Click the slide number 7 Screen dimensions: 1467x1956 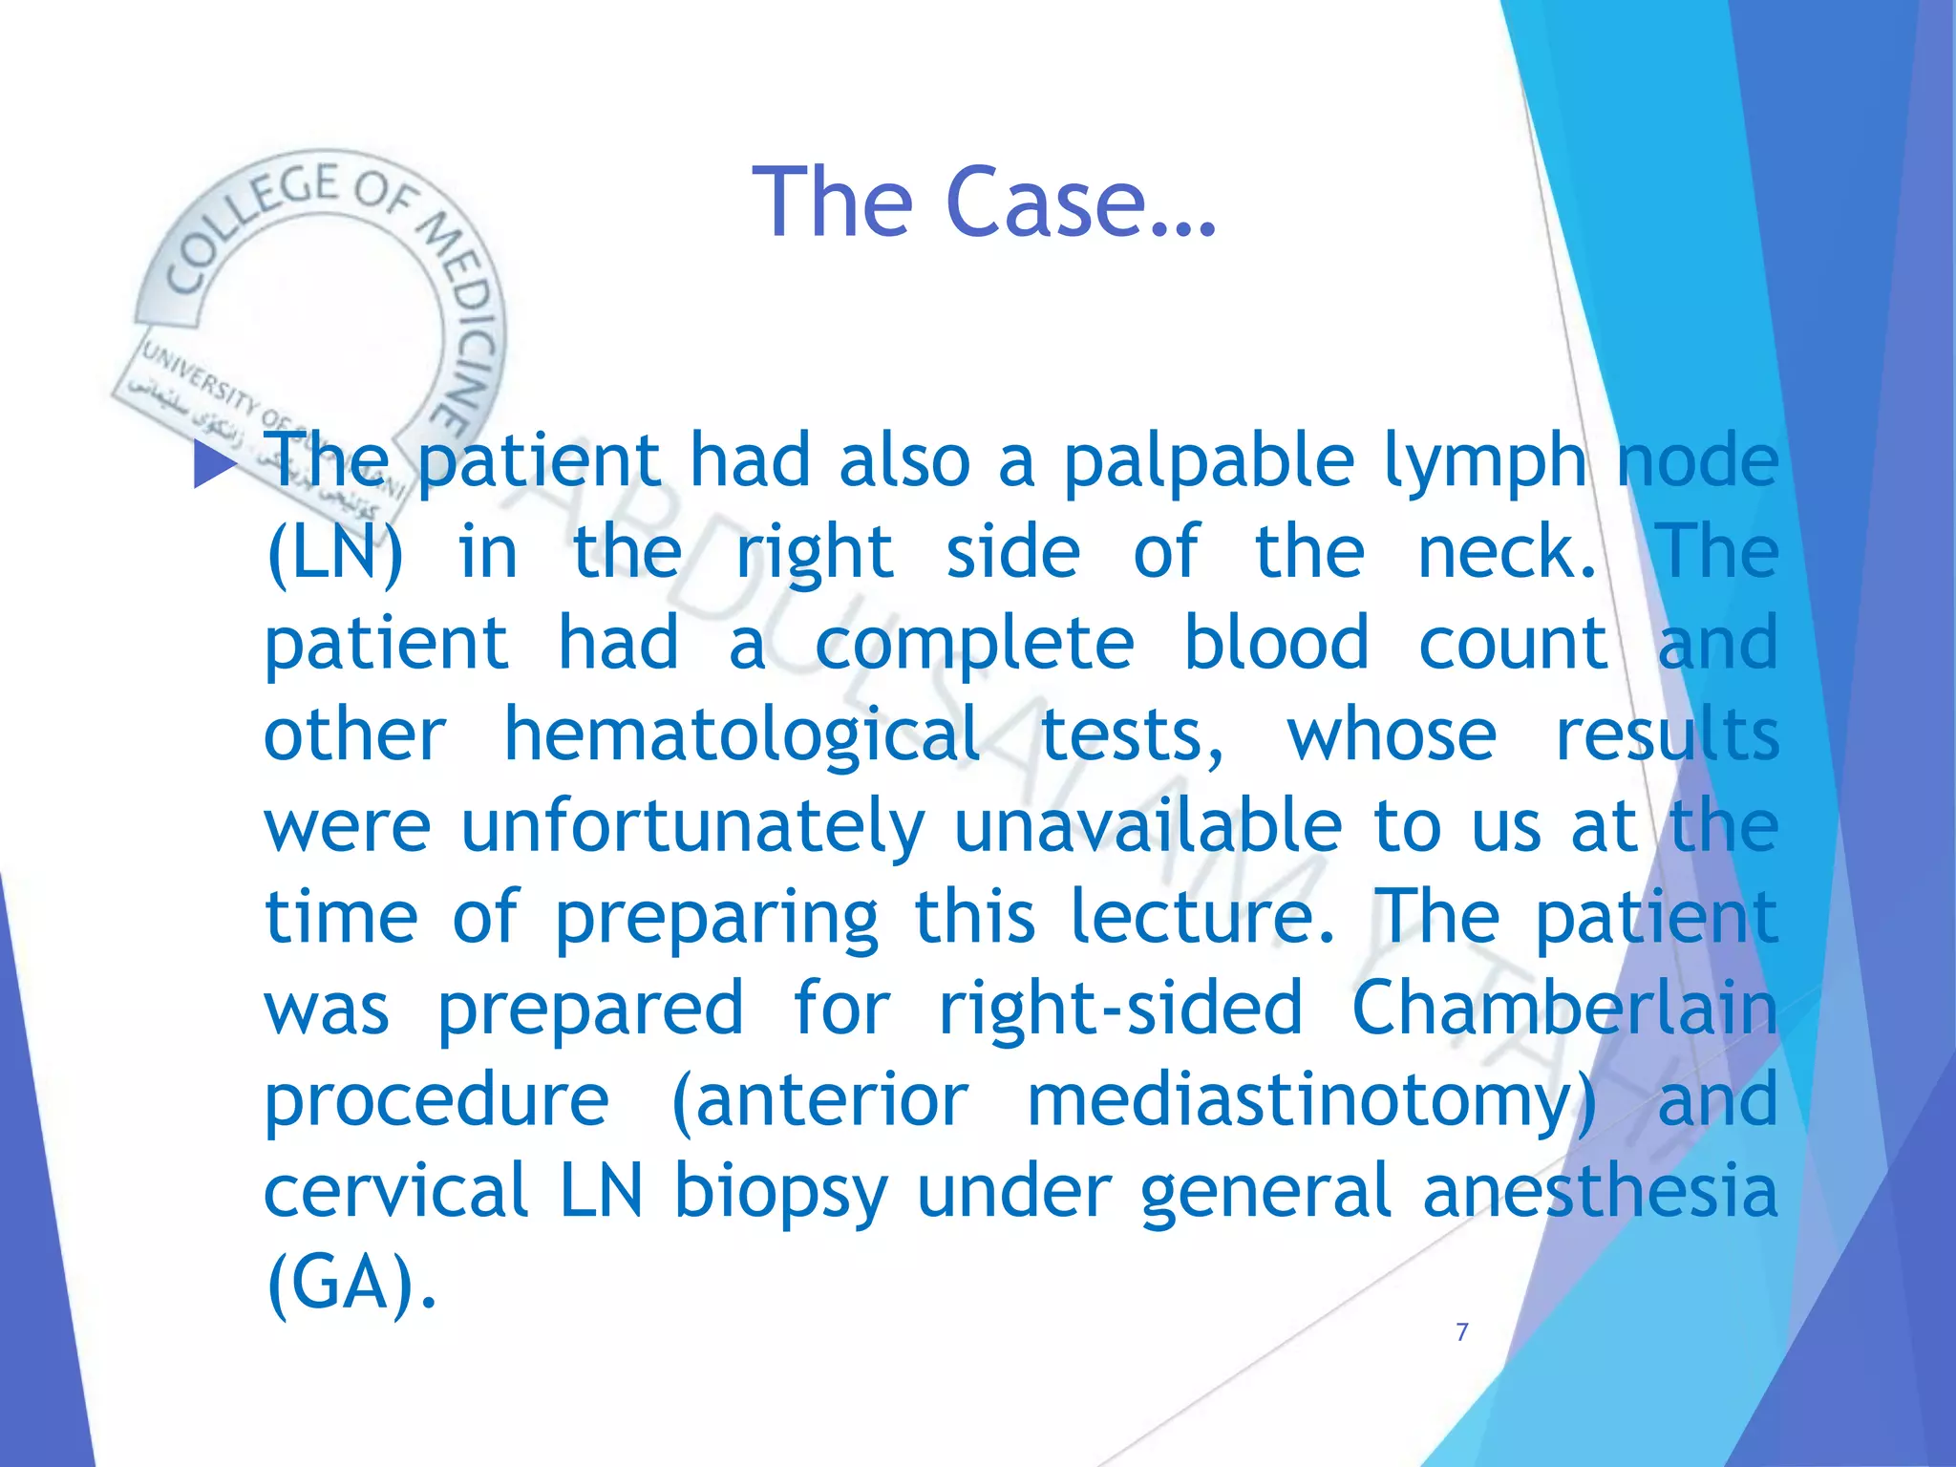tap(1461, 1332)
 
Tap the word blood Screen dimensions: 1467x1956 tap(1276, 642)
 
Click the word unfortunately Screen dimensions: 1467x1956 tap(693, 827)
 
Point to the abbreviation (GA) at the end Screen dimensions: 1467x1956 tap(350, 1284)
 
